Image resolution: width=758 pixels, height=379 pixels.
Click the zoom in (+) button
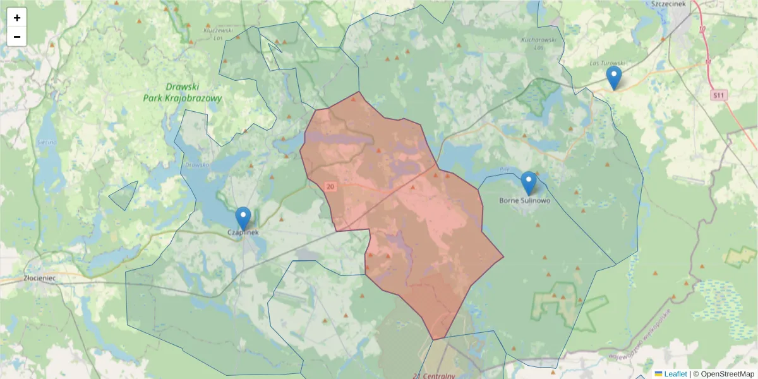pyautogui.click(x=17, y=18)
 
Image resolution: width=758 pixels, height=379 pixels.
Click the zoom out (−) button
pyautogui.click(x=17, y=37)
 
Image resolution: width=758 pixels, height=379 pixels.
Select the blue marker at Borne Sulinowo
pyautogui.click(x=529, y=183)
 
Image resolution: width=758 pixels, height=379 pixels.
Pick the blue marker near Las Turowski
pyautogui.click(x=613, y=78)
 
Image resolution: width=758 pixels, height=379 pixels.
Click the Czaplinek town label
pyautogui.click(x=243, y=232)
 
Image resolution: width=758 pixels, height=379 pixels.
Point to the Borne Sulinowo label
pyautogui.click(x=525, y=201)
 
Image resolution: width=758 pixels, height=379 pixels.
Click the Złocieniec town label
pyautogui.click(x=40, y=278)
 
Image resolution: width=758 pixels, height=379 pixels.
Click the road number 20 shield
pyautogui.click(x=330, y=186)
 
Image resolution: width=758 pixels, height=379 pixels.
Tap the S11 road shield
pyautogui.click(x=718, y=95)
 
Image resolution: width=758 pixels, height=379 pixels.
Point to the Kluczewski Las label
pyautogui.click(x=218, y=33)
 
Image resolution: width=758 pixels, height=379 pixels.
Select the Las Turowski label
pyautogui.click(x=607, y=63)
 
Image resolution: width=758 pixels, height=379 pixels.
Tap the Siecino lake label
pyautogui.click(x=47, y=143)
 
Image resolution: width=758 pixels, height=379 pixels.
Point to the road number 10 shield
pyautogui.click(x=702, y=29)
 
